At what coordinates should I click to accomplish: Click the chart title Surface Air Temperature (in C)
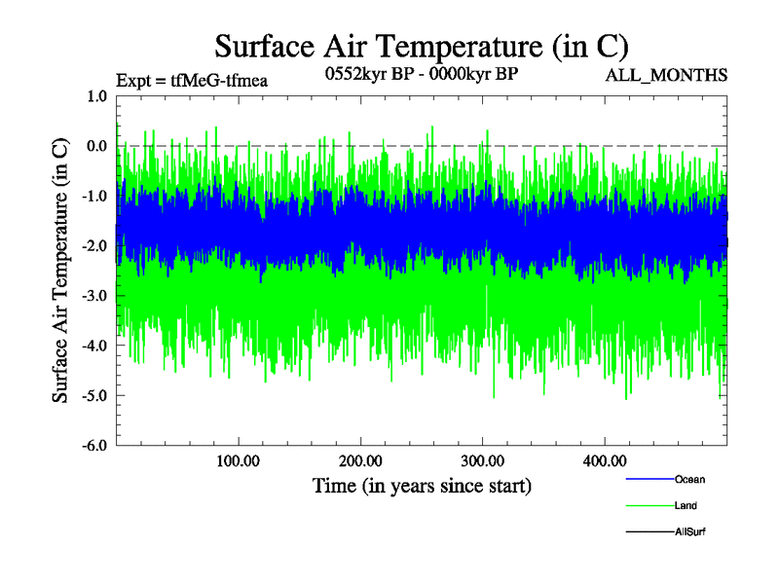tap(421, 46)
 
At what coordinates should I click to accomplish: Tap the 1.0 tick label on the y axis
tap(96, 96)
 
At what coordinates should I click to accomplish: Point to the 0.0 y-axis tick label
tap(96, 146)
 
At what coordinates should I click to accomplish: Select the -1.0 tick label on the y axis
tap(94, 196)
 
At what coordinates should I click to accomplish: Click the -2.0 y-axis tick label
tap(94, 246)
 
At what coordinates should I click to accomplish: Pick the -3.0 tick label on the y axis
tap(94, 296)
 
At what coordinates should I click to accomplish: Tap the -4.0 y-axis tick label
tap(94, 346)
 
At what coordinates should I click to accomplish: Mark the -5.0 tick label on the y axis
tap(94, 396)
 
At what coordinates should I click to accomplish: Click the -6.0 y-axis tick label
tap(94, 446)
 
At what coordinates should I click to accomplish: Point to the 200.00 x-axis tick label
tap(360, 460)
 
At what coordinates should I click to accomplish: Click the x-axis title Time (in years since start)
tap(422, 485)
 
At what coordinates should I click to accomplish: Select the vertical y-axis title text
tap(60, 271)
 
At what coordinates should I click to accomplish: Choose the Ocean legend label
tap(689, 480)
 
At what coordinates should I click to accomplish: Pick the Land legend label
tap(686, 506)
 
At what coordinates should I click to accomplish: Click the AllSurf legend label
tap(690, 532)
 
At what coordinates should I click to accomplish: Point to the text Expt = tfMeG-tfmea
tap(191, 79)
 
